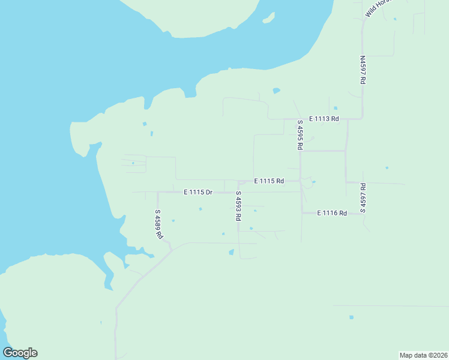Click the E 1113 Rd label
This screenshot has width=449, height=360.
point(324,119)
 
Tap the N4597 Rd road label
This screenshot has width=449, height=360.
point(363,70)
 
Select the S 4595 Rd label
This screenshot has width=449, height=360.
point(300,134)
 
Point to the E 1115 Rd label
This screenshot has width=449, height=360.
point(268,181)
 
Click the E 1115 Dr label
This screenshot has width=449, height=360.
point(198,192)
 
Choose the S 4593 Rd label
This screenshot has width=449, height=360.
point(238,206)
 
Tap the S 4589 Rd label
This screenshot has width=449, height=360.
point(158,224)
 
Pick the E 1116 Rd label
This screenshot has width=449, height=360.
point(332,213)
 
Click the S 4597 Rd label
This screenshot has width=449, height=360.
point(363,198)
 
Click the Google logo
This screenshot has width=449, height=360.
point(20,353)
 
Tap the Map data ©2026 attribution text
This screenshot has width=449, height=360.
point(423,355)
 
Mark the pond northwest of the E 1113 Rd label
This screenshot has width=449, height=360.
point(276,91)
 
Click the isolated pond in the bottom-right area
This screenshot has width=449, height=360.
point(351,317)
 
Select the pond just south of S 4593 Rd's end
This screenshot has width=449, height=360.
point(231,253)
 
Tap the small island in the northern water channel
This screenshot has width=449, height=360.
point(269,18)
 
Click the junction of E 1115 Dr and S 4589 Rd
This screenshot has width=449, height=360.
point(158,193)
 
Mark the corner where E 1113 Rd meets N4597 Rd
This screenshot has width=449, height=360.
point(362,118)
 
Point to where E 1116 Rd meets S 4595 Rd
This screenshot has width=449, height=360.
point(301,212)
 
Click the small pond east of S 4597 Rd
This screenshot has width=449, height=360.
point(387,167)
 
